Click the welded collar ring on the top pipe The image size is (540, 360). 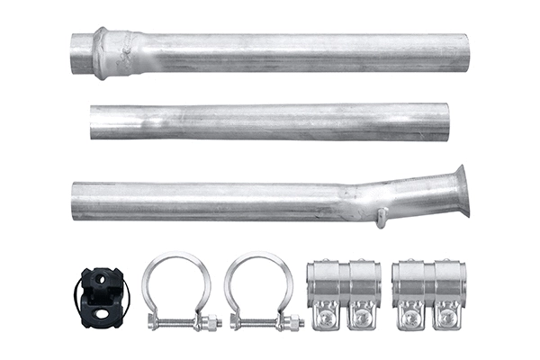[x=100, y=53]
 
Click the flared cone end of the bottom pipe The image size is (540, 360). [x=460, y=191]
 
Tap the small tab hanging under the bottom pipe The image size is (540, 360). [x=382, y=217]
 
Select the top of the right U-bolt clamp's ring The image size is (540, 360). [x=258, y=256]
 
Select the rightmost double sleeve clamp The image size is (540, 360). [x=428, y=293]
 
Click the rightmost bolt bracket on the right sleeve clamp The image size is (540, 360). [x=447, y=313]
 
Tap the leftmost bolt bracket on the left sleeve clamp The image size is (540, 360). [x=325, y=313]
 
